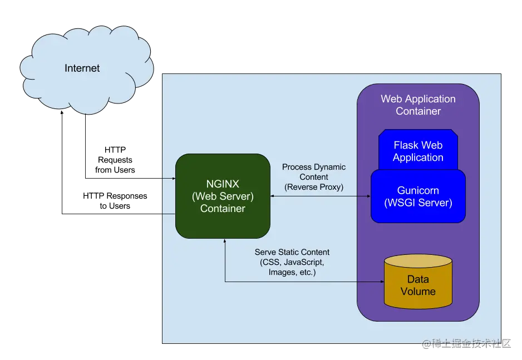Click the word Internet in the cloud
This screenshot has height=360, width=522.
(82, 68)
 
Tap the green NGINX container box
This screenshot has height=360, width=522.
(223, 196)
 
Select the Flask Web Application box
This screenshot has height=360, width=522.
(418, 151)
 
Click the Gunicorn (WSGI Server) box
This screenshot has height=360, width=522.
(418, 196)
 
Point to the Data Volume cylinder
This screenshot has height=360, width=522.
(418, 284)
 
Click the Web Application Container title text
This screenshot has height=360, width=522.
(418, 105)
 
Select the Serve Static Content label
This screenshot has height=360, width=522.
(292, 252)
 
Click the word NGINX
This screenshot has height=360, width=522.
(223, 184)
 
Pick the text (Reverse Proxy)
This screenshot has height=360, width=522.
(314, 187)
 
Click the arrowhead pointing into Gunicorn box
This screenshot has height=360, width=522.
(368, 196)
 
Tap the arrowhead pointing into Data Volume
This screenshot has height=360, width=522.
(381, 282)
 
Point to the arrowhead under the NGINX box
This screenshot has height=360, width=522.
(225, 241)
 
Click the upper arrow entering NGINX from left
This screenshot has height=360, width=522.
(173, 179)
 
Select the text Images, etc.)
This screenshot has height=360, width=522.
(292, 272)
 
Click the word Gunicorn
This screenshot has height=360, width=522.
(418, 190)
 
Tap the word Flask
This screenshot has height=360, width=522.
(405, 145)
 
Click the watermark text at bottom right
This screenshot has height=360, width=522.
(466, 343)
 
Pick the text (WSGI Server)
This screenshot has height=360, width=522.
(418, 203)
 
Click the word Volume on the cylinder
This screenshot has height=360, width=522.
(418, 291)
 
